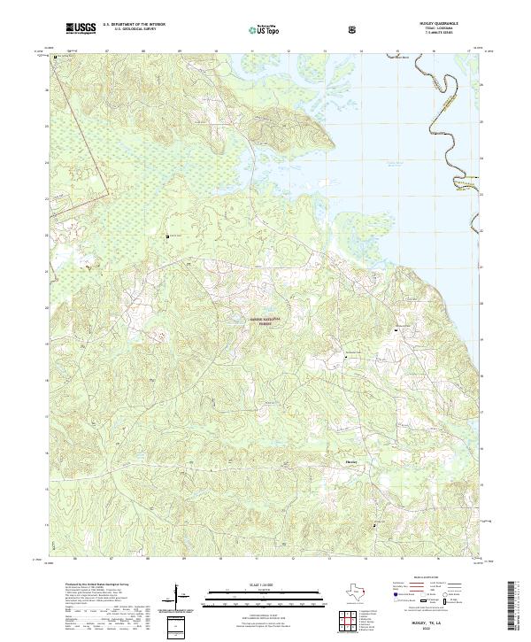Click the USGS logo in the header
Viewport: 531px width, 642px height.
(x=81, y=29)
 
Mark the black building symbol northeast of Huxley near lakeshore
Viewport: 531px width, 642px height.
(x=395, y=329)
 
